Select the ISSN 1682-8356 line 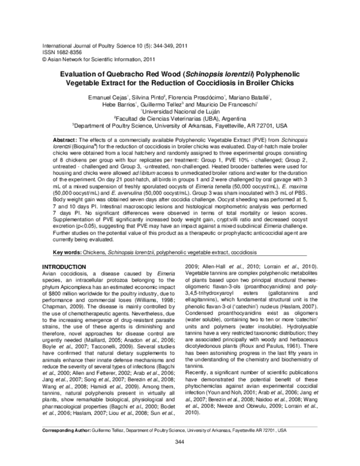tap(62, 53)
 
